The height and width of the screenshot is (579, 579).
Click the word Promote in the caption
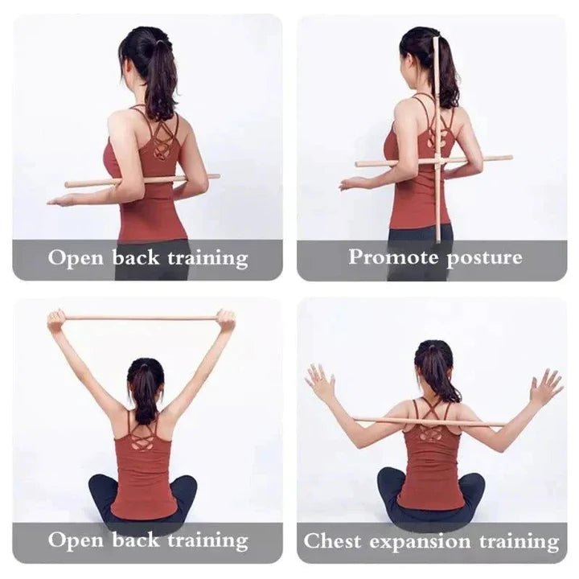[384, 257]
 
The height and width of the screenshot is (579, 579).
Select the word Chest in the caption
[331, 541]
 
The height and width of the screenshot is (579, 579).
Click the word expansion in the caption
[418, 542]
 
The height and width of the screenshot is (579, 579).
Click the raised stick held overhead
[141, 318]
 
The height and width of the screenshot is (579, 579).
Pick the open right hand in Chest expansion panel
[546, 387]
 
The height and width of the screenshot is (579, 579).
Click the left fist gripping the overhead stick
[56, 320]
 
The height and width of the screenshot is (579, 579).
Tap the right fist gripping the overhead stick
[226, 321]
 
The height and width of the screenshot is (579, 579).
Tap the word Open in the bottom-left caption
[73, 540]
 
